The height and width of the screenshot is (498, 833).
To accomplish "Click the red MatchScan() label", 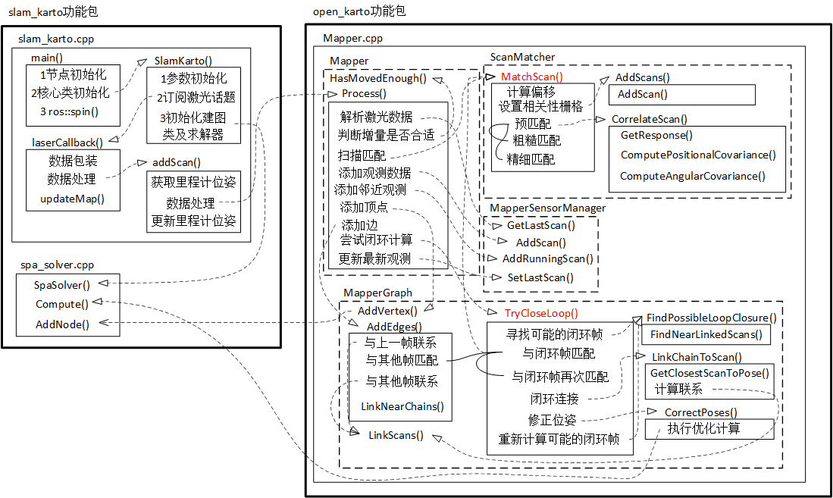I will (x=532, y=77).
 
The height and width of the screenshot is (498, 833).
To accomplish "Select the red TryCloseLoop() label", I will (x=541, y=313).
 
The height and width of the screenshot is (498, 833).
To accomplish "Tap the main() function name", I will (x=47, y=58).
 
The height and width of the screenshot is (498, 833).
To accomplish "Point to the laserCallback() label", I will (x=67, y=142).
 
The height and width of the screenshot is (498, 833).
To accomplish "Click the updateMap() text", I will (x=72, y=199).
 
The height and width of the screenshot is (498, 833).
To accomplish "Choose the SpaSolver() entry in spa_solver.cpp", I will (x=62, y=285).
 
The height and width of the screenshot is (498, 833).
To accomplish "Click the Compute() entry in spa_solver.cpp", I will (x=62, y=304).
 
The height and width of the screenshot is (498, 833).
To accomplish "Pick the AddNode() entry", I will (x=62, y=324).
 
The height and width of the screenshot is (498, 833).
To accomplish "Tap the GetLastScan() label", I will (x=541, y=225).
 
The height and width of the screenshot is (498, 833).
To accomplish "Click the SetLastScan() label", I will (x=540, y=277).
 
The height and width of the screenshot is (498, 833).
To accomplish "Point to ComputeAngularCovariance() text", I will (x=692, y=176).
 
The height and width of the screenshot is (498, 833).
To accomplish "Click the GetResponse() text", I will (x=656, y=136).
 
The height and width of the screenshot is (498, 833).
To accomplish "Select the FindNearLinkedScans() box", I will (x=706, y=334).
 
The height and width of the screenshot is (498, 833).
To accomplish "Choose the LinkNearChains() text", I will (x=402, y=406).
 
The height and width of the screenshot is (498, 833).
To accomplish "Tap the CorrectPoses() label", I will (x=700, y=412).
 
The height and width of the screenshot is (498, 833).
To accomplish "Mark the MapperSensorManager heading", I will (x=547, y=208).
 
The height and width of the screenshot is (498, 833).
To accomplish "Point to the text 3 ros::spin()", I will (x=69, y=111).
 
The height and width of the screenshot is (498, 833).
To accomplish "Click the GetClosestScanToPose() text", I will (x=709, y=372).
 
